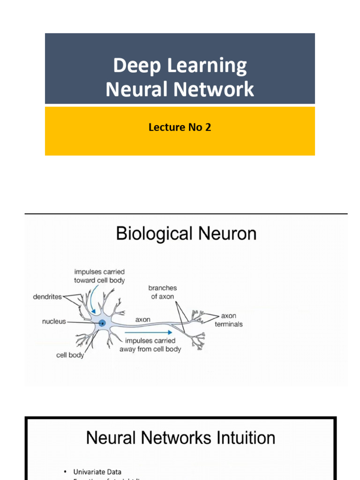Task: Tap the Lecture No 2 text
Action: pos(180,127)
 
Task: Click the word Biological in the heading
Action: pos(155,233)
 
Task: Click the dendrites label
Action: pos(47,297)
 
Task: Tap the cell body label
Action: pos(70,355)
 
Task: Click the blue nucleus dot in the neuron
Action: pos(102,322)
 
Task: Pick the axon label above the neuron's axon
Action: pos(143,319)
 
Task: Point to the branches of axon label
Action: pos(162,292)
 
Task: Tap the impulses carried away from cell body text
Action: pos(150,345)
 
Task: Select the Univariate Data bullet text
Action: pos(97,472)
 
